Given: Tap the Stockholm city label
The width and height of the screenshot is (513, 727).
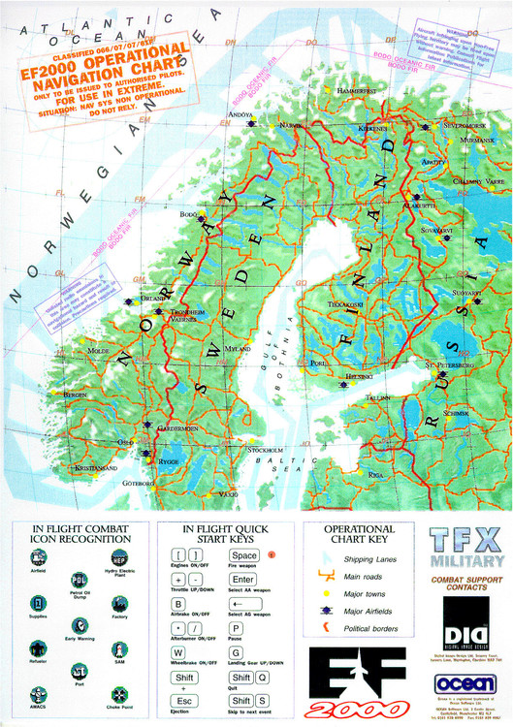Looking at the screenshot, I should click(266, 450).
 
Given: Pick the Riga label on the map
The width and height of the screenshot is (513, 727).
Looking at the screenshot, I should click(376, 475).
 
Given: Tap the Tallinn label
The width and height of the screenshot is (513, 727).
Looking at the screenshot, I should click(377, 397).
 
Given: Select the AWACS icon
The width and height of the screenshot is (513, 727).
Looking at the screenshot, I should click(37, 682).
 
